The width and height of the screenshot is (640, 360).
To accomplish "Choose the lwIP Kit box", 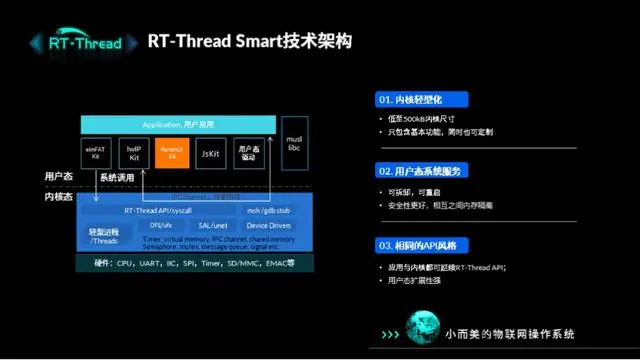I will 135,152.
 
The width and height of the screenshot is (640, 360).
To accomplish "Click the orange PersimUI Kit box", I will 172,152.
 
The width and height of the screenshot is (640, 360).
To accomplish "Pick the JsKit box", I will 210,152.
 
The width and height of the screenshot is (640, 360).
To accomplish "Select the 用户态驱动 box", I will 250,152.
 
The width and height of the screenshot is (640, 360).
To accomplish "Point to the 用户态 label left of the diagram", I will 58,176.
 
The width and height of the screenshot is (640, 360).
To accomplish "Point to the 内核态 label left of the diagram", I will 58,197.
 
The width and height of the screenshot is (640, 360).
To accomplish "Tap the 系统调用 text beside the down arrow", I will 116,177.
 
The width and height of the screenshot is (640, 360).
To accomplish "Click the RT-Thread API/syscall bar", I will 158,211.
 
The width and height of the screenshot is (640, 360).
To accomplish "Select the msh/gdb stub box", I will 266,211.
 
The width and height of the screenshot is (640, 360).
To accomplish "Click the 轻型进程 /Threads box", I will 103,235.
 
